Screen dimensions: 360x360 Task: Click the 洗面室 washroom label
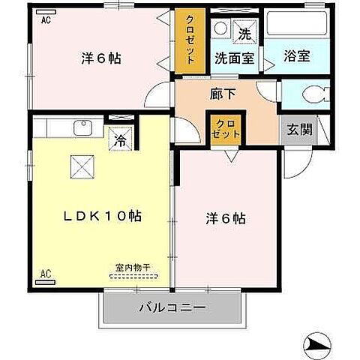coord(234,56)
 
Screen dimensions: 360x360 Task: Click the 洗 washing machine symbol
coord(244,32)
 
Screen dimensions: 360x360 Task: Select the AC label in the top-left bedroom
coord(46,20)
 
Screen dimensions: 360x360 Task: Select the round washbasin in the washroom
coord(221,28)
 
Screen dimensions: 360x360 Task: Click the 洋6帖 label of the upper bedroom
coord(100,58)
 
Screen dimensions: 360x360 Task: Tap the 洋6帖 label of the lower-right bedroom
coord(226,220)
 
